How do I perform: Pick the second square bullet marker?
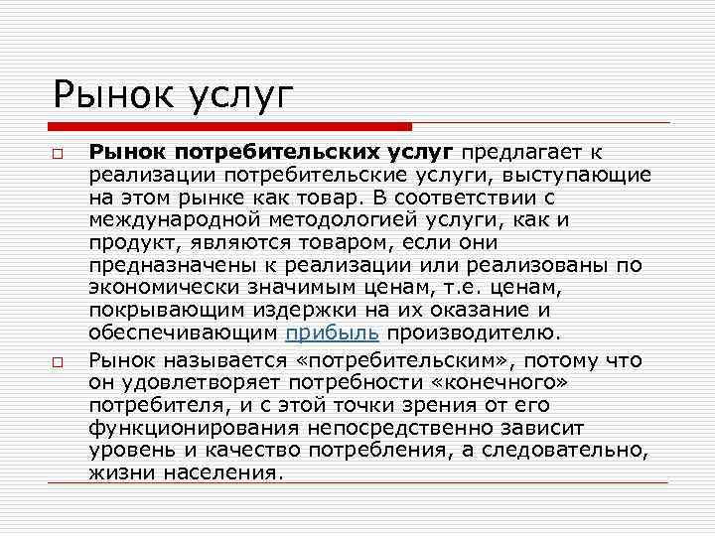(60, 362)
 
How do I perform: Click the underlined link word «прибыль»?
(332, 333)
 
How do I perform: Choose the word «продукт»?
(128, 242)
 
